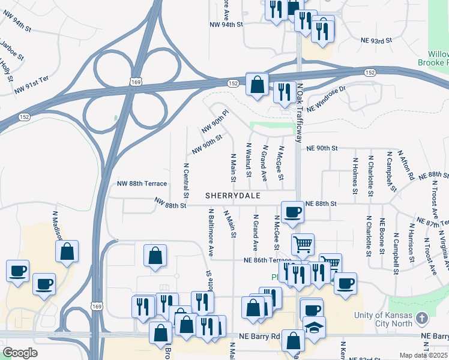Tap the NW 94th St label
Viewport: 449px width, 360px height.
pos(226,25)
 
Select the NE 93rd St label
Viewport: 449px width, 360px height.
pos(376,40)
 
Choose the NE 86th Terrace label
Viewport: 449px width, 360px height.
pos(267,260)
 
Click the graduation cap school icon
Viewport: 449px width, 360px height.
pos(315,328)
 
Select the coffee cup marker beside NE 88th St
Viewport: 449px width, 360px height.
pos(292,212)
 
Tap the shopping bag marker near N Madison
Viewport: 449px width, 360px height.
pos(67,251)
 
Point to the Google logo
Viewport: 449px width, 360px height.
pos(20,353)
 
